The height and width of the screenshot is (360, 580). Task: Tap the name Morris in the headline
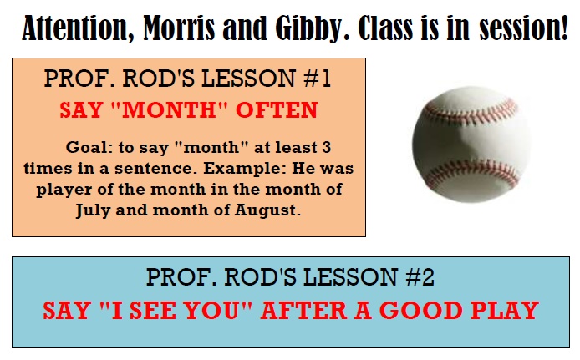coord(179,28)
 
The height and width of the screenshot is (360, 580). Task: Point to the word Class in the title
coord(385,28)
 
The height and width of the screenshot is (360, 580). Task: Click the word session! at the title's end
coord(523,28)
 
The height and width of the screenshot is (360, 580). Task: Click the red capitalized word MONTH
coord(169,109)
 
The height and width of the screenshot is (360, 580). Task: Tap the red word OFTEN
coord(277,109)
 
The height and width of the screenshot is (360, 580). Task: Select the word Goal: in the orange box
coord(89,148)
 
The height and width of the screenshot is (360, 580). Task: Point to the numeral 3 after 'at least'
coord(326,148)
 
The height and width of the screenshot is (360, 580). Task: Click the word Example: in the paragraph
coord(245,169)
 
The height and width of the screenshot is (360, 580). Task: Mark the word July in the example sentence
coord(94,210)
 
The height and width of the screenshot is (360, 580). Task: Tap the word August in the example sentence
coord(267,210)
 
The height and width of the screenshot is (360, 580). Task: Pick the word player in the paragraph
coord(64,190)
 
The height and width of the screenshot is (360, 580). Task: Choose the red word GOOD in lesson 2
coord(421,310)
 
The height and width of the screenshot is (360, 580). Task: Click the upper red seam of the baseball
coord(471,112)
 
